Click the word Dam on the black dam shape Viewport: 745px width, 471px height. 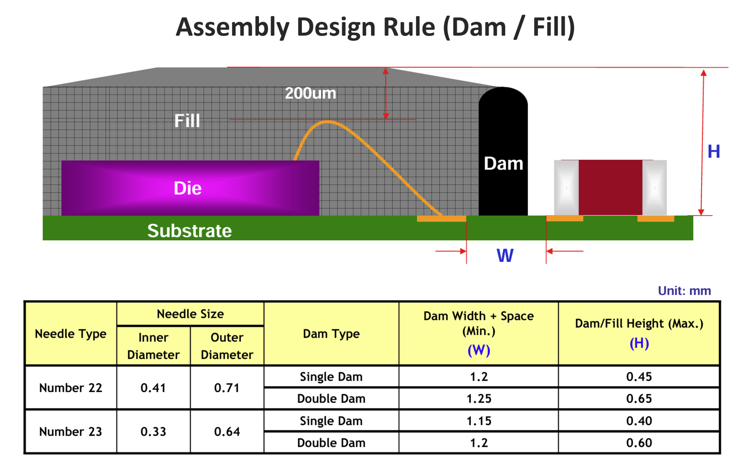503,164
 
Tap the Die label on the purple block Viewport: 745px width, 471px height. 188,188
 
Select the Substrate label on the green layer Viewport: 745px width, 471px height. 190,231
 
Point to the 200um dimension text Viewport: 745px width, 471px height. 310,93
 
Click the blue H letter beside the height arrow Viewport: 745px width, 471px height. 714,151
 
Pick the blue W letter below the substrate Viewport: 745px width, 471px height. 505,255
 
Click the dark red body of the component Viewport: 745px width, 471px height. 610,187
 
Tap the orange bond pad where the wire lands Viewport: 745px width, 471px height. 442,219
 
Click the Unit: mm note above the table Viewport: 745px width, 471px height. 684,291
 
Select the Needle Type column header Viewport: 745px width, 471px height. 71,334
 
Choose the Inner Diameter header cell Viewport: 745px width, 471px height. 154,346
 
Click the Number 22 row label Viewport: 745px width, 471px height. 71,388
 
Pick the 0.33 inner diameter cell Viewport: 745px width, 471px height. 154,432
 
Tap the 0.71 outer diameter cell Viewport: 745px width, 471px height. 227,388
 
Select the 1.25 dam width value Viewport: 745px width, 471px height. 479,399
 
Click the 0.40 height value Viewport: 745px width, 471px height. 639,421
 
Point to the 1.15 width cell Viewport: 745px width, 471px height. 479,421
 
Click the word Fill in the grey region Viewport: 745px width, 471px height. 187,121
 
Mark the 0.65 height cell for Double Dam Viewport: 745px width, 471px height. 639,399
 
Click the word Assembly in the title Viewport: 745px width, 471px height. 233,28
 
